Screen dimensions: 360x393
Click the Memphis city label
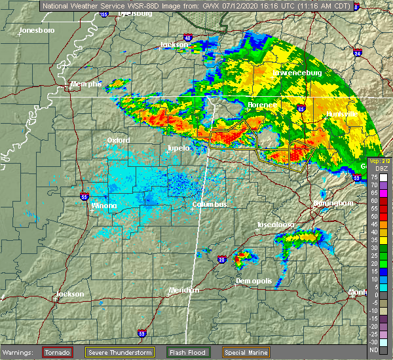[87, 84]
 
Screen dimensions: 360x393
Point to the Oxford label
[119, 140]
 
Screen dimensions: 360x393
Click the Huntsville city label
[342, 114]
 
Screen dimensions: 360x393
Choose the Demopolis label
[253, 281]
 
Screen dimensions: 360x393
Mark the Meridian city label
[183, 290]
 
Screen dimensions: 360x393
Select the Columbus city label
[209, 205]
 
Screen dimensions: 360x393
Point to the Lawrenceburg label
[297, 73]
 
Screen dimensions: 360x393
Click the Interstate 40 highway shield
[188, 39]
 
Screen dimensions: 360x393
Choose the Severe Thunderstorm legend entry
[120, 352]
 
